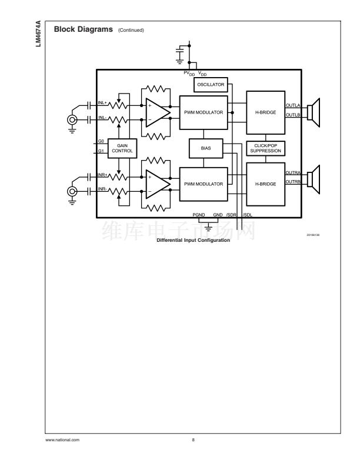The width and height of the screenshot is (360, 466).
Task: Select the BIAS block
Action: coord(205,148)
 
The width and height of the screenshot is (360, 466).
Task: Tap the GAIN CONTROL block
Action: coord(122,148)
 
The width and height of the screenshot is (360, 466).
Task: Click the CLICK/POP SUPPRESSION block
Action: coord(265,148)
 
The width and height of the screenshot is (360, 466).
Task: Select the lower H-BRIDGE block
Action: coord(265,184)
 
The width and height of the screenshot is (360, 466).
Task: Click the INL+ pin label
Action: coord(102,103)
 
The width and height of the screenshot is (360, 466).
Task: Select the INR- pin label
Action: coord(102,188)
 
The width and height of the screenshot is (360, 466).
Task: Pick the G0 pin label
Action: coord(101,141)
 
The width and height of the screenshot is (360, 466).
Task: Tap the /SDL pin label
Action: coord(248,215)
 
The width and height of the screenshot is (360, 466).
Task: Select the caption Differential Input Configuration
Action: coord(189,239)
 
